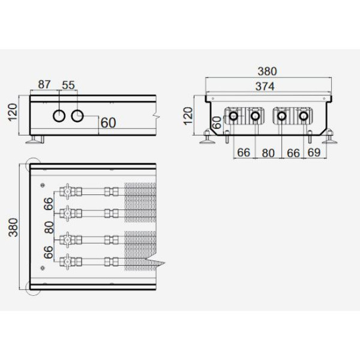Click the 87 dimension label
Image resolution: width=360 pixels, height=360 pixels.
pos(44,84)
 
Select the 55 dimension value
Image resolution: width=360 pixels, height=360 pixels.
pos(68,85)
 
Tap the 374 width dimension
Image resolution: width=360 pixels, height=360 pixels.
pos(265,86)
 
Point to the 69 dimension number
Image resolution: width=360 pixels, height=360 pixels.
pos(314,152)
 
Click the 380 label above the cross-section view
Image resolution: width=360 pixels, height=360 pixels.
pos(267,71)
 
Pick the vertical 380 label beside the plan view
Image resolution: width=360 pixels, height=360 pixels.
pos(13,227)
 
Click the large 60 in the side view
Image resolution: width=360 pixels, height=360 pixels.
pos(108,123)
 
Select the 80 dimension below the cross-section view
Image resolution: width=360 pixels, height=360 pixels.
pos(268,153)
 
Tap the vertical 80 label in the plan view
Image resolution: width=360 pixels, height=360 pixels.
pos(49,227)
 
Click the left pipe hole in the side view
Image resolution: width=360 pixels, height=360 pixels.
pos(59,116)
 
